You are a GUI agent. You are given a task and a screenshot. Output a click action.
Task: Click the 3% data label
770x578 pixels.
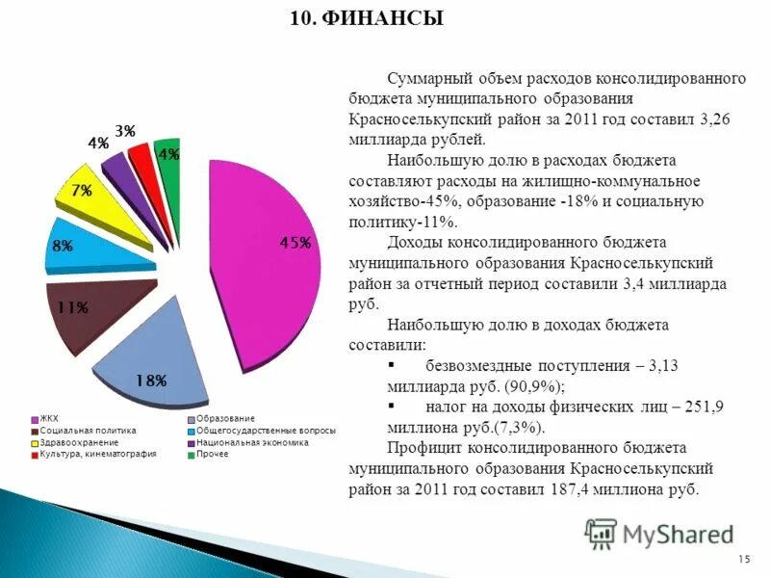pyautogui.click(x=125, y=130)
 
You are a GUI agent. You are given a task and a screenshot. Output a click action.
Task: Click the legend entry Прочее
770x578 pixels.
pyautogui.click(x=212, y=454)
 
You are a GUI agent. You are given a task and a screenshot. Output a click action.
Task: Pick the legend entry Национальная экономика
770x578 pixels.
pyautogui.click(x=250, y=442)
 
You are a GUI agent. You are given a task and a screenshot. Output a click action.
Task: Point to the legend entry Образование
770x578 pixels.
pyautogui.click(x=225, y=418)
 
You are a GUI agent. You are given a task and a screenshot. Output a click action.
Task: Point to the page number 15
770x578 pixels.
pyautogui.click(x=743, y=560)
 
